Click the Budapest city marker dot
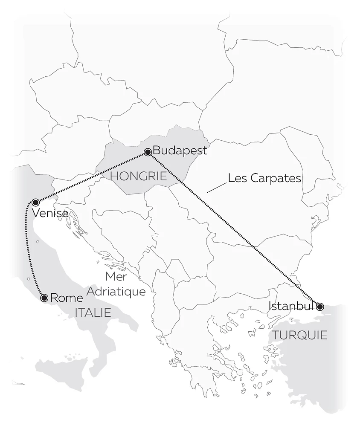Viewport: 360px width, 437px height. [x=148, y=152]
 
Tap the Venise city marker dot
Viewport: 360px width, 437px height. [x=35, y=202]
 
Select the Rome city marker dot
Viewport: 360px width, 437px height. [x=44, y=298]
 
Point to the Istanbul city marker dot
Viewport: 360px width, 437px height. [x=320, y=306]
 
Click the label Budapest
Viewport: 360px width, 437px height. [x=180, y=150]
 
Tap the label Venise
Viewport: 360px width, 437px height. [x=50, y=213]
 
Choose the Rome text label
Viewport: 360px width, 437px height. [x=66, y=298]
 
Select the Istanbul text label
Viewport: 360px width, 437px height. [x=291, y=306]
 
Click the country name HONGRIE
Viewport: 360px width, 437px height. [x=138, y=176]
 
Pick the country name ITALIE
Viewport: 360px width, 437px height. [x=93, y=313]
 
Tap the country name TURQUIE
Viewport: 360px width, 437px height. [x=300, y=335]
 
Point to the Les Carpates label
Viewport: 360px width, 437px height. [x=264, y=178]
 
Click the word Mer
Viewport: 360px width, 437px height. [x=116, y=277]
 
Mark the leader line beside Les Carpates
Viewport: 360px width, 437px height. [x=216, y=188]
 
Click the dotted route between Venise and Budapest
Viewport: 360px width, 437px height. [x=92, y=177]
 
